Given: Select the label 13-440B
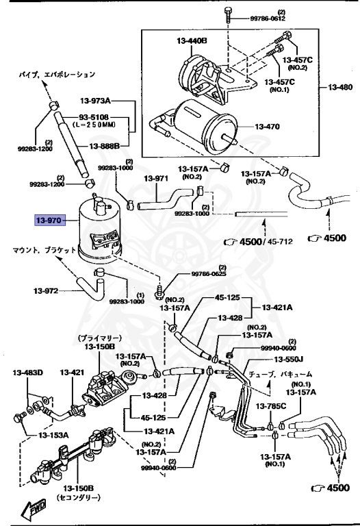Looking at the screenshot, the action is click(x=192, y=41).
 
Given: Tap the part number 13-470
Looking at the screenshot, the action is click(x=267, y=127).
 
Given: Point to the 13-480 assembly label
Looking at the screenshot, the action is click(x=340, y=87).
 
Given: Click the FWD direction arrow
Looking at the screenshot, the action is click(x=33, y=508).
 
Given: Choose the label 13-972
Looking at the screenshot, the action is click(x=46, y=291).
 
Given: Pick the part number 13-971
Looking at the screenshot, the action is click(x=156, y=179).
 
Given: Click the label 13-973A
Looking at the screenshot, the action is click(x=95, y=100).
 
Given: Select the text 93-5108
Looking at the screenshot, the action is click(x=94, y=117).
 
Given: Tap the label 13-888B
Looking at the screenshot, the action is click(x=104, y=147).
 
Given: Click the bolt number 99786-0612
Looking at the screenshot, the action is click(x=268, y=18).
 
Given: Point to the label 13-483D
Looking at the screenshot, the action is click(x=28, y=373).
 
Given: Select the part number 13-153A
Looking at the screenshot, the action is click(x=53, y=436).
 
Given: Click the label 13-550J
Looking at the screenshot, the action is click(x=288, y=360).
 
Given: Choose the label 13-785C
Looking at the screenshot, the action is click(x=271, y=407).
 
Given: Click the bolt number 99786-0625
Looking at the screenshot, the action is click(x=209, y=274).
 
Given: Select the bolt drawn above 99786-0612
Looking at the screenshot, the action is click(x=227, y=14).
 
